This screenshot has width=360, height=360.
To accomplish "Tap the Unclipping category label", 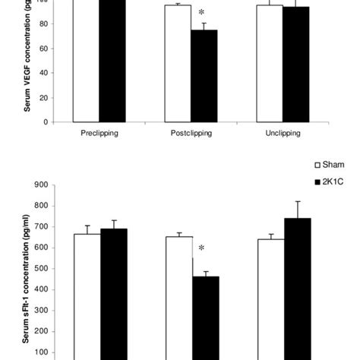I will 282,131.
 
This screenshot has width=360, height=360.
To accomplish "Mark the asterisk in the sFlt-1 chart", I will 202,248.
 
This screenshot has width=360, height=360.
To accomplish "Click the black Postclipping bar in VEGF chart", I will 204,76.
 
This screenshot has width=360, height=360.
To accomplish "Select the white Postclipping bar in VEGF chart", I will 178,64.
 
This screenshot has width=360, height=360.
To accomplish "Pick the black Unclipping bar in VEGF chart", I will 295,65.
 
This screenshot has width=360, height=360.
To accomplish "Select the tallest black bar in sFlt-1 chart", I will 295,289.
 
